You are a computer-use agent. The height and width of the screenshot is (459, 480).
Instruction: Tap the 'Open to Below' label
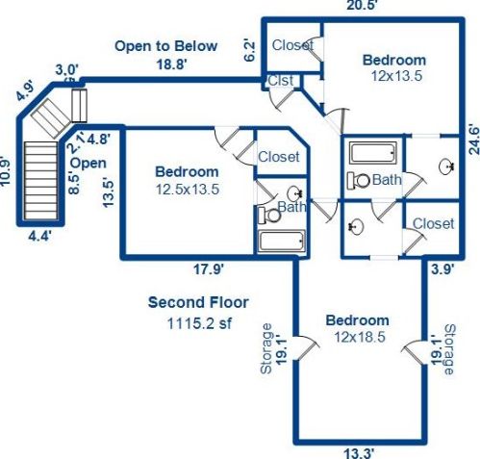click(165, 46)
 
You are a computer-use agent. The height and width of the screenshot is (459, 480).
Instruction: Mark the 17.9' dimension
click(201, 269)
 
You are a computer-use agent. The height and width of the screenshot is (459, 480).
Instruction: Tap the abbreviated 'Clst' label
click(281, 82)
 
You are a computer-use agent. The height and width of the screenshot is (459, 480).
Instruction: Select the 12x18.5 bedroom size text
click(357, 337)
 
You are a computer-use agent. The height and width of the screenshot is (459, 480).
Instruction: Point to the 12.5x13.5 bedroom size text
click(188, 189)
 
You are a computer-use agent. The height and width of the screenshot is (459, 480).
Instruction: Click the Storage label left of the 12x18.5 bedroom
click(266, 347)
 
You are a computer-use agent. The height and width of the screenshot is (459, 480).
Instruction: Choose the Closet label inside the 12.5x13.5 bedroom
click(278, 157)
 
